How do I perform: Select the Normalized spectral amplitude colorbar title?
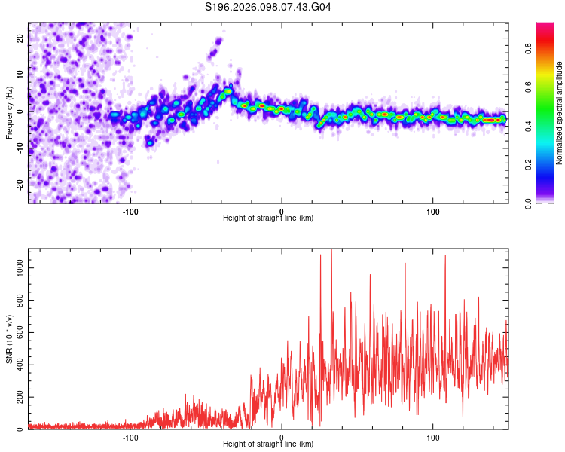(560, 113)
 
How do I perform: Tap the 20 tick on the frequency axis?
(20, 37)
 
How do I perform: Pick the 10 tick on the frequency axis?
(20, 74)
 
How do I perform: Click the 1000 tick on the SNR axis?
(20, 267)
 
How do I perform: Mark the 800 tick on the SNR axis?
(20, 300)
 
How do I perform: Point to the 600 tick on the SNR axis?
(20, 332)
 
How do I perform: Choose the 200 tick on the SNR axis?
(20, 397)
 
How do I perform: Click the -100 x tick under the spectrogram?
(130, 210)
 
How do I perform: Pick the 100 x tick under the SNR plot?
(433, 437)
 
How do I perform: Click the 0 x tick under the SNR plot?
(282, 437)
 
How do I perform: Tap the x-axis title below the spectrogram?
(268, 218)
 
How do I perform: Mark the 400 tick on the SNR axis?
(20, 365)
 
